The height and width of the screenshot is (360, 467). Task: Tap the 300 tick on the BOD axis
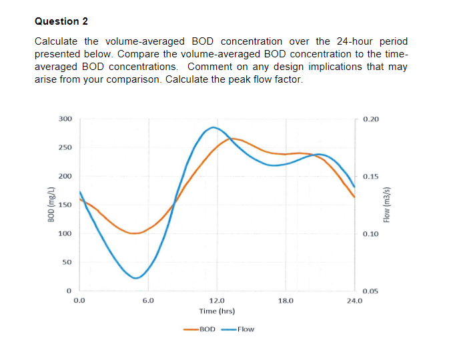[x=65, y=119]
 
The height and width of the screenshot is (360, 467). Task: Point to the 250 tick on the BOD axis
[x=65, y=147]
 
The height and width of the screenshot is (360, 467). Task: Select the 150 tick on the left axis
[x=65, y=205]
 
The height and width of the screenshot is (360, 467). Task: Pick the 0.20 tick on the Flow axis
[x=371, y=119]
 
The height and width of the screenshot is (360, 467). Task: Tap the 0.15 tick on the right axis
[x=371, y=177]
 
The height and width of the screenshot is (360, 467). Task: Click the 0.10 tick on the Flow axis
[x=371, y=234]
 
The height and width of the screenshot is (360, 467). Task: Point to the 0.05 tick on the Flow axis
[x=371, y=291]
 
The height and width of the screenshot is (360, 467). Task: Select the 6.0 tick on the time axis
[x=148, y=301]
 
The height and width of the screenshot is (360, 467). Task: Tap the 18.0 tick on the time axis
[x=286, y=301]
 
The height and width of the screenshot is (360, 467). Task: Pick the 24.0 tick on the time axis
[x=354, y=301]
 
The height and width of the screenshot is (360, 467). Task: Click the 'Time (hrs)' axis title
[x=217, y=311]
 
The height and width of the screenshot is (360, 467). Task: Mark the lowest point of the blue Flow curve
[x=136, y=278]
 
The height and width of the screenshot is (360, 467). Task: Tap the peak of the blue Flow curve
[x=213, y=127]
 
